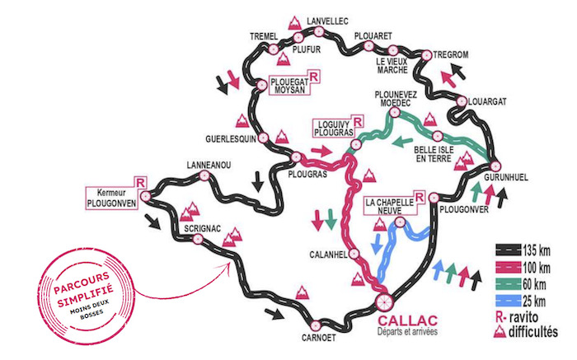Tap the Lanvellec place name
click(329, 19)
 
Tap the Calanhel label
click(326, 253)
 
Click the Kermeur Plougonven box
click(115, 193)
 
